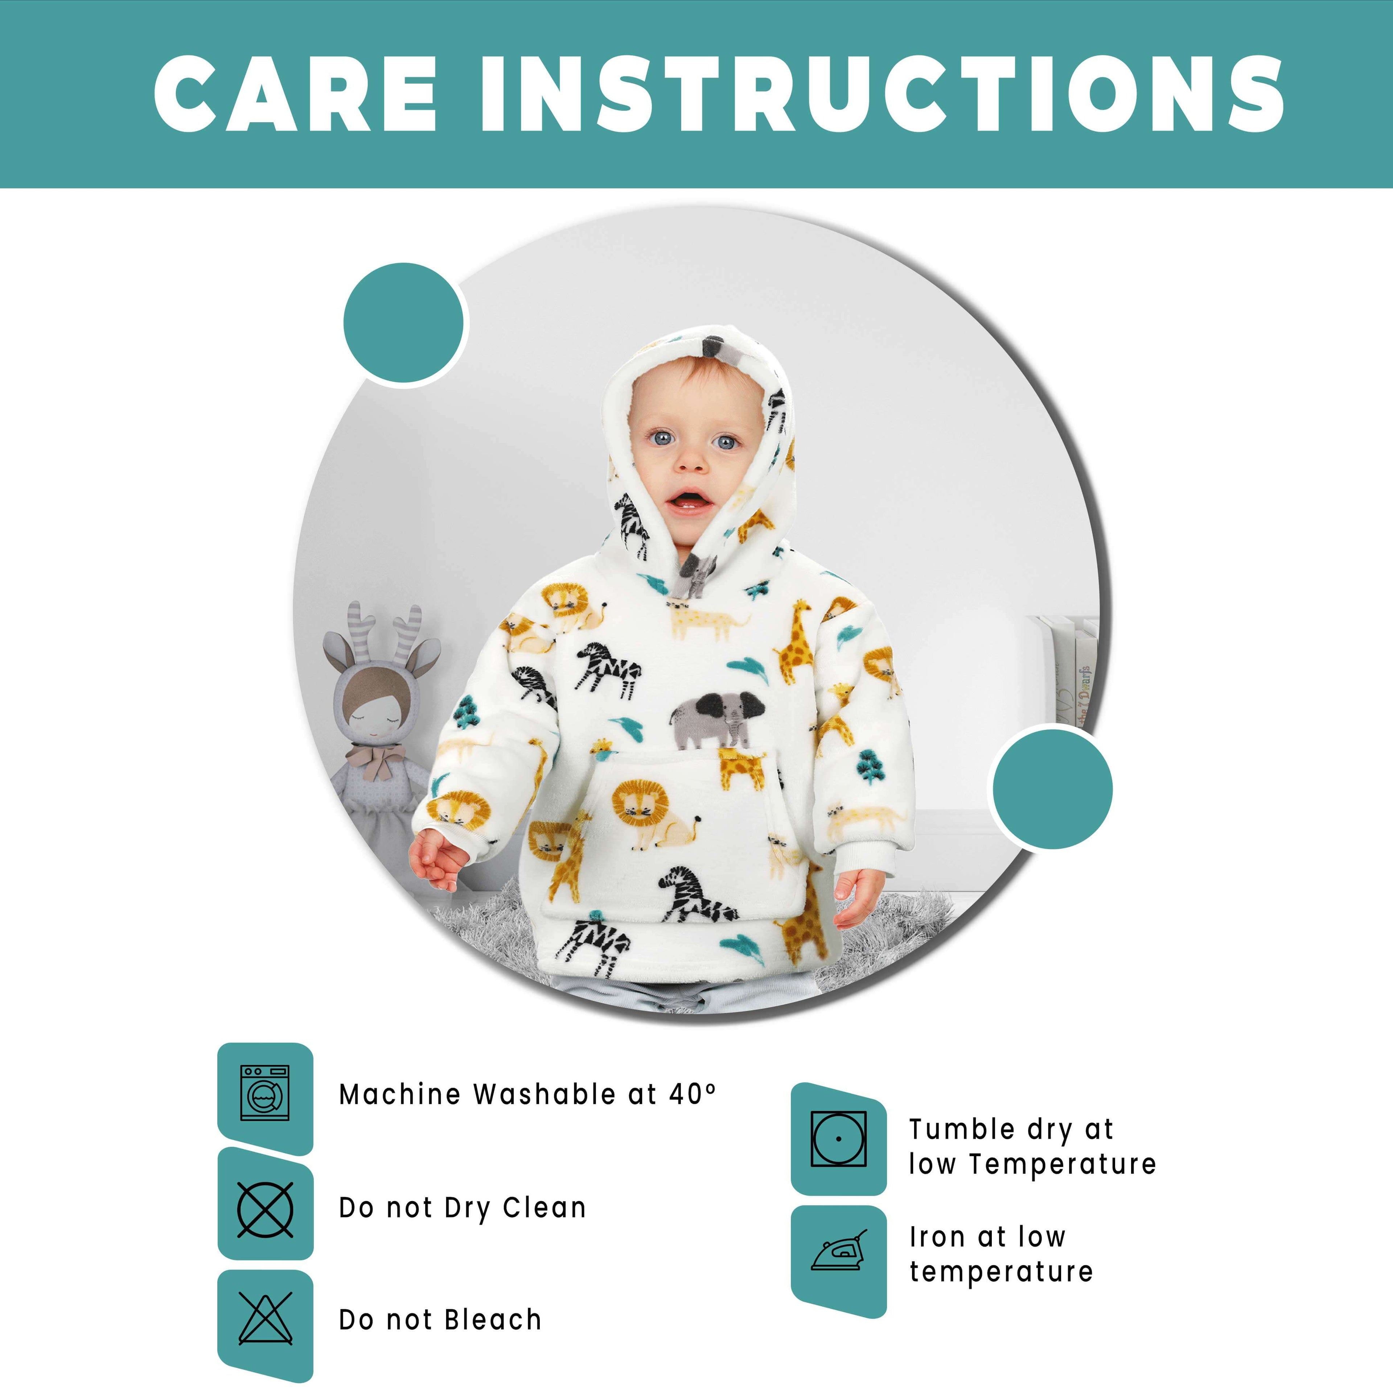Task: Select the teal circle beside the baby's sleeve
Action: coord(1052,789)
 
